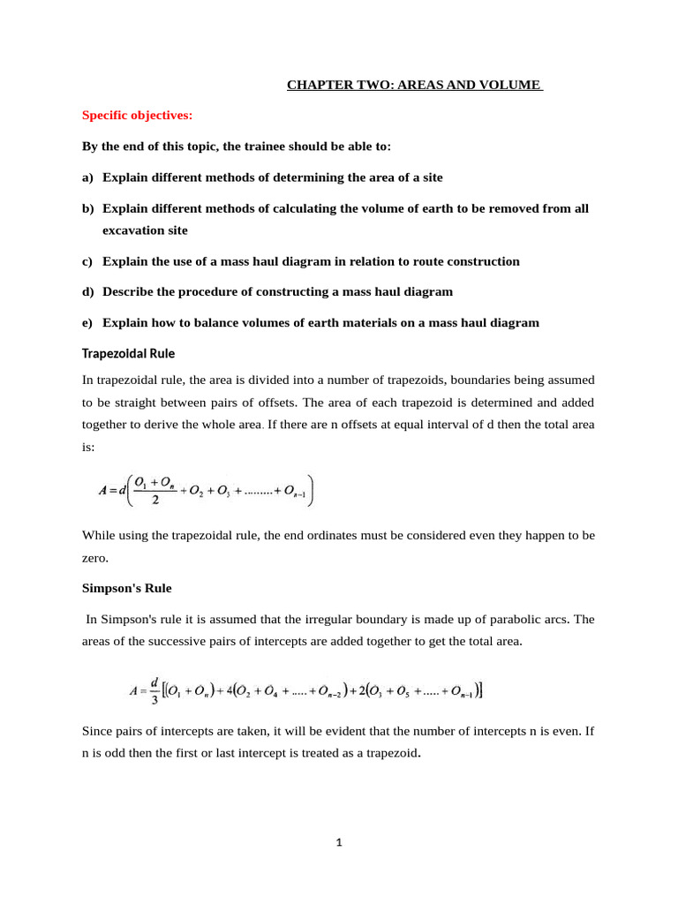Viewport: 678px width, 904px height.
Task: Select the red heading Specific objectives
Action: [137, 115]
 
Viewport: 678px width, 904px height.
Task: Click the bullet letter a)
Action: [87, 177]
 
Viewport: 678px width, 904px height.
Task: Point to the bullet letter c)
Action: [87, 261]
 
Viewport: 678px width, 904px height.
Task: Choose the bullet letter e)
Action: [87, 323]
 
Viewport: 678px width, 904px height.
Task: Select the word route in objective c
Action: [416, 261]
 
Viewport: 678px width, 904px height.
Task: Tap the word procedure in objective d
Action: [209, 291]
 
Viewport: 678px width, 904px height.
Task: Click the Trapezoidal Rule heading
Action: [128, 354]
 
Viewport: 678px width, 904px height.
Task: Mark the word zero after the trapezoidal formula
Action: [96, 559]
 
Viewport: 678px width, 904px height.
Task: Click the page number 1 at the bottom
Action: [338, 842]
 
